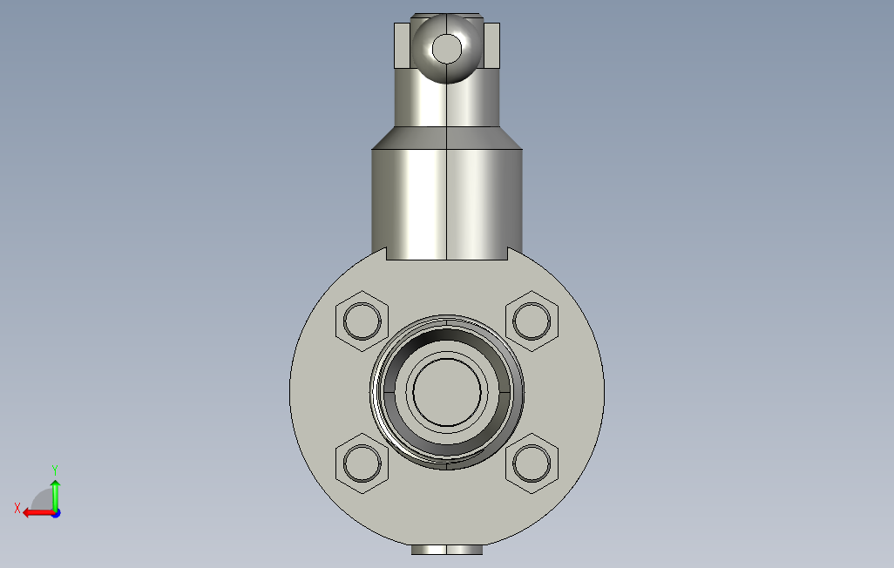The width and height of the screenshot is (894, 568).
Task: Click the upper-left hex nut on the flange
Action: [362, 321]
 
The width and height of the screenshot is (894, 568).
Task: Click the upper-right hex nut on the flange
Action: [532, 321]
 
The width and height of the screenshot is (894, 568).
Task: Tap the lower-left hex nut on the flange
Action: [362, 463]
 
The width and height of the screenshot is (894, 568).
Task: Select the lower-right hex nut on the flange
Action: [532, 463]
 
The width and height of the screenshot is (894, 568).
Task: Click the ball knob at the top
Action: [447, 49]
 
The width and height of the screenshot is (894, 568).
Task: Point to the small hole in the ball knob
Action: [447, 49]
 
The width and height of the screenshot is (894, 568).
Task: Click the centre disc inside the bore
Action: [447, 392]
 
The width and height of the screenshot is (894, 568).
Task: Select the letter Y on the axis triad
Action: [55, 470]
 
